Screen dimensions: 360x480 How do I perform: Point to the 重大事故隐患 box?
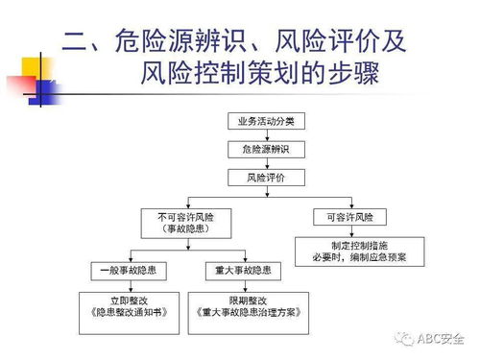pyautogui.click(x=242, y=270)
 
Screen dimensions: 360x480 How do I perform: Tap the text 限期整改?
pyautogui.click(x=242, y=300)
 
